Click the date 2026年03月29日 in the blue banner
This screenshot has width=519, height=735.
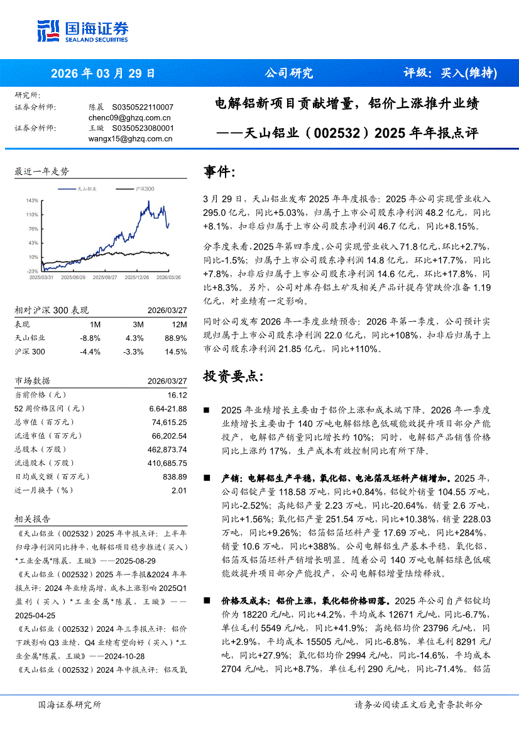[102, 73]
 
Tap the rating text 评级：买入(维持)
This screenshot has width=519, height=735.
[449, 73]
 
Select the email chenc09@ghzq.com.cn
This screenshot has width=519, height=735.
[129, 118]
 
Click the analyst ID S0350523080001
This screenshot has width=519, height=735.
[143, 128]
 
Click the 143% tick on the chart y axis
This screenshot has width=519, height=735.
[32, 201]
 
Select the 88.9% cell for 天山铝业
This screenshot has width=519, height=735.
[176, 338]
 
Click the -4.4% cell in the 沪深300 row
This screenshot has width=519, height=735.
[90, 351]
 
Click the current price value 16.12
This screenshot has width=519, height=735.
[177, 395]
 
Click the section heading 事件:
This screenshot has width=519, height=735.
[220, 172]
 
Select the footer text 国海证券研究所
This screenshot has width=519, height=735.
[69, 705]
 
